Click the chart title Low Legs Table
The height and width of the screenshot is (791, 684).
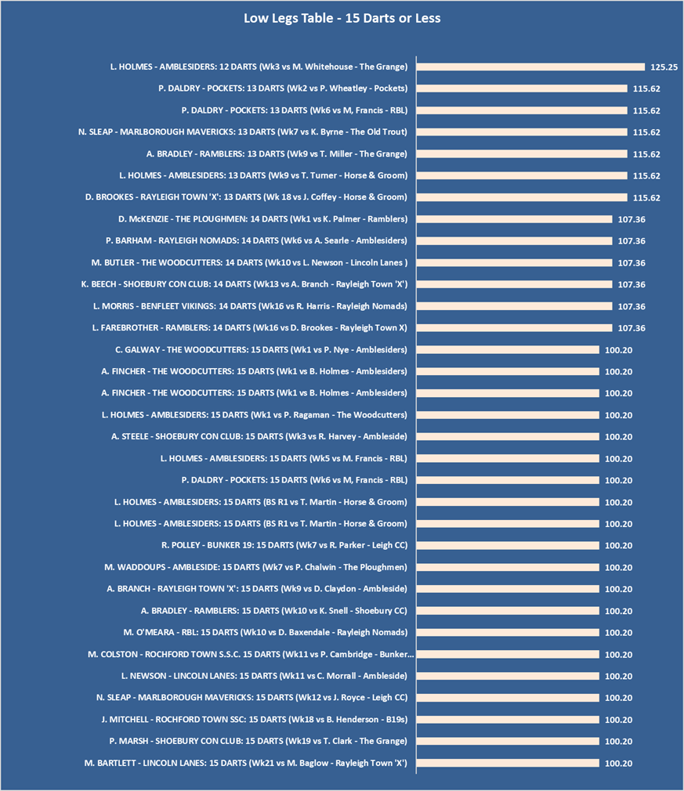(x=342, y=17)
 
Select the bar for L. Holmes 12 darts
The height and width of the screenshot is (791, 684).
(x=530, y=67)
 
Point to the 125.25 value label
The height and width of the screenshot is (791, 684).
(x=664, y=67)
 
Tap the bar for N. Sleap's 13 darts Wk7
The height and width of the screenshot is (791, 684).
(x=522, y=132)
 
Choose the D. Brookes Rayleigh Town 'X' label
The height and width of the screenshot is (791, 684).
(x=246, y=197)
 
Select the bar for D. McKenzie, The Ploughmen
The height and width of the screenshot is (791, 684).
(x=514, y=219)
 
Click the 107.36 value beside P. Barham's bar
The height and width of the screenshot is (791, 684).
(x=632, y=241)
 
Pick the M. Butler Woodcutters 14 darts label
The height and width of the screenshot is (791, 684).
(x=249, y=262)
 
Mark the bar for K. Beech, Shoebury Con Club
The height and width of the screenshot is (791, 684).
(x=514, y=284)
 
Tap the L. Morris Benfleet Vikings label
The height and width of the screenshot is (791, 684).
(x=249, y=306)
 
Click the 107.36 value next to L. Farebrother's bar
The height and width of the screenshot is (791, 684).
(x=632, y=328)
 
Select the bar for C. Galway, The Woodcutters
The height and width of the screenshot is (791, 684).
(x=508, y=349)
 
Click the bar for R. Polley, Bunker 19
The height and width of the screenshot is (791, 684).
(x=508, y=545)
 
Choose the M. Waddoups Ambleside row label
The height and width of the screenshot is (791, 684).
(x=255, y=567)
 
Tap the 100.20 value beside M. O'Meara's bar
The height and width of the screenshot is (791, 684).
(x=619, y=632)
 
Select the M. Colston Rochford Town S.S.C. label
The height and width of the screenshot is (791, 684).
(x=251, y=654)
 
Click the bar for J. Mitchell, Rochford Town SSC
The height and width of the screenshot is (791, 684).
(x=508, y=719)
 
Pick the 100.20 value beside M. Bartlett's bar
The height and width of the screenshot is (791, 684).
(x=619, y=763)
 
